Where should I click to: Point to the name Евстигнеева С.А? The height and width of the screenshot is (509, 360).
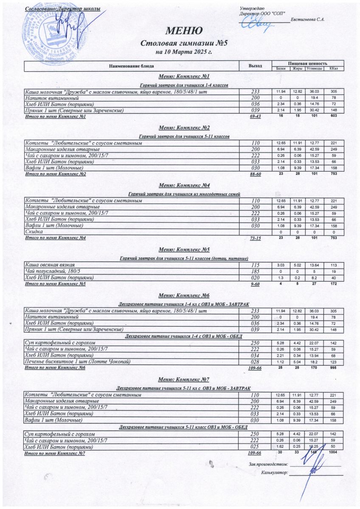pos(308,20)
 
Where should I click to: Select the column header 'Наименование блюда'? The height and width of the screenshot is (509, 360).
pos(132,66)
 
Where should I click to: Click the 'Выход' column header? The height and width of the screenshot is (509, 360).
pos(255,66)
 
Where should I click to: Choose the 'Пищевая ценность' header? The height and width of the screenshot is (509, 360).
pos(307,63)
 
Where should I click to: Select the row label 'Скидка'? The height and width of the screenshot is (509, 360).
pos(34,232)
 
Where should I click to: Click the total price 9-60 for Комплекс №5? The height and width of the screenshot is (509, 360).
pos(255,284)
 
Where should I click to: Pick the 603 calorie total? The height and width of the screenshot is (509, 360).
pos(334,116)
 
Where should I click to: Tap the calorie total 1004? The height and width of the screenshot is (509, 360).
pos(333,453)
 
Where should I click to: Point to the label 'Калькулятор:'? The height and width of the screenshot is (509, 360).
pos(275,472)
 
